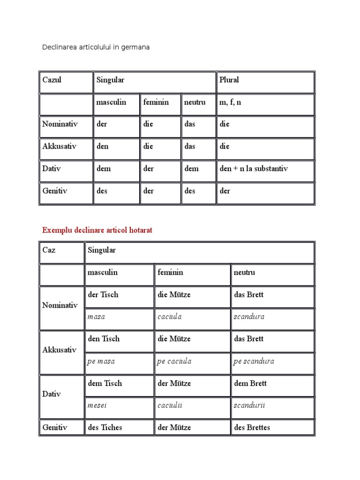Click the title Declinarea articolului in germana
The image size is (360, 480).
(x=96, y=47)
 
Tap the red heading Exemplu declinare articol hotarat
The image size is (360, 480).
(x=97, y=230)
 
